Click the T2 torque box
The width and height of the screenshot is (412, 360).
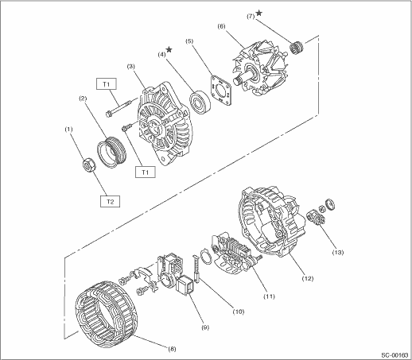pos(110,201)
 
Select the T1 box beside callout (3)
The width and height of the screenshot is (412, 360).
pos(107,84)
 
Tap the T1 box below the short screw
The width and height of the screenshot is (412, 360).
pos(145,172)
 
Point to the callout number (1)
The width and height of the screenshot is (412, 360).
pos(68,130)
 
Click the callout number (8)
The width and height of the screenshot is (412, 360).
pos(172,349)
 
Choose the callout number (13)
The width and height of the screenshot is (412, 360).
pos(338,252)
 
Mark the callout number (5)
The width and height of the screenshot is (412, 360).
pos(189,41)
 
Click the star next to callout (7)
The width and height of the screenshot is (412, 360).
pos(259,13)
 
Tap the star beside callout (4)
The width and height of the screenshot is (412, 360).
pos(169,49)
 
